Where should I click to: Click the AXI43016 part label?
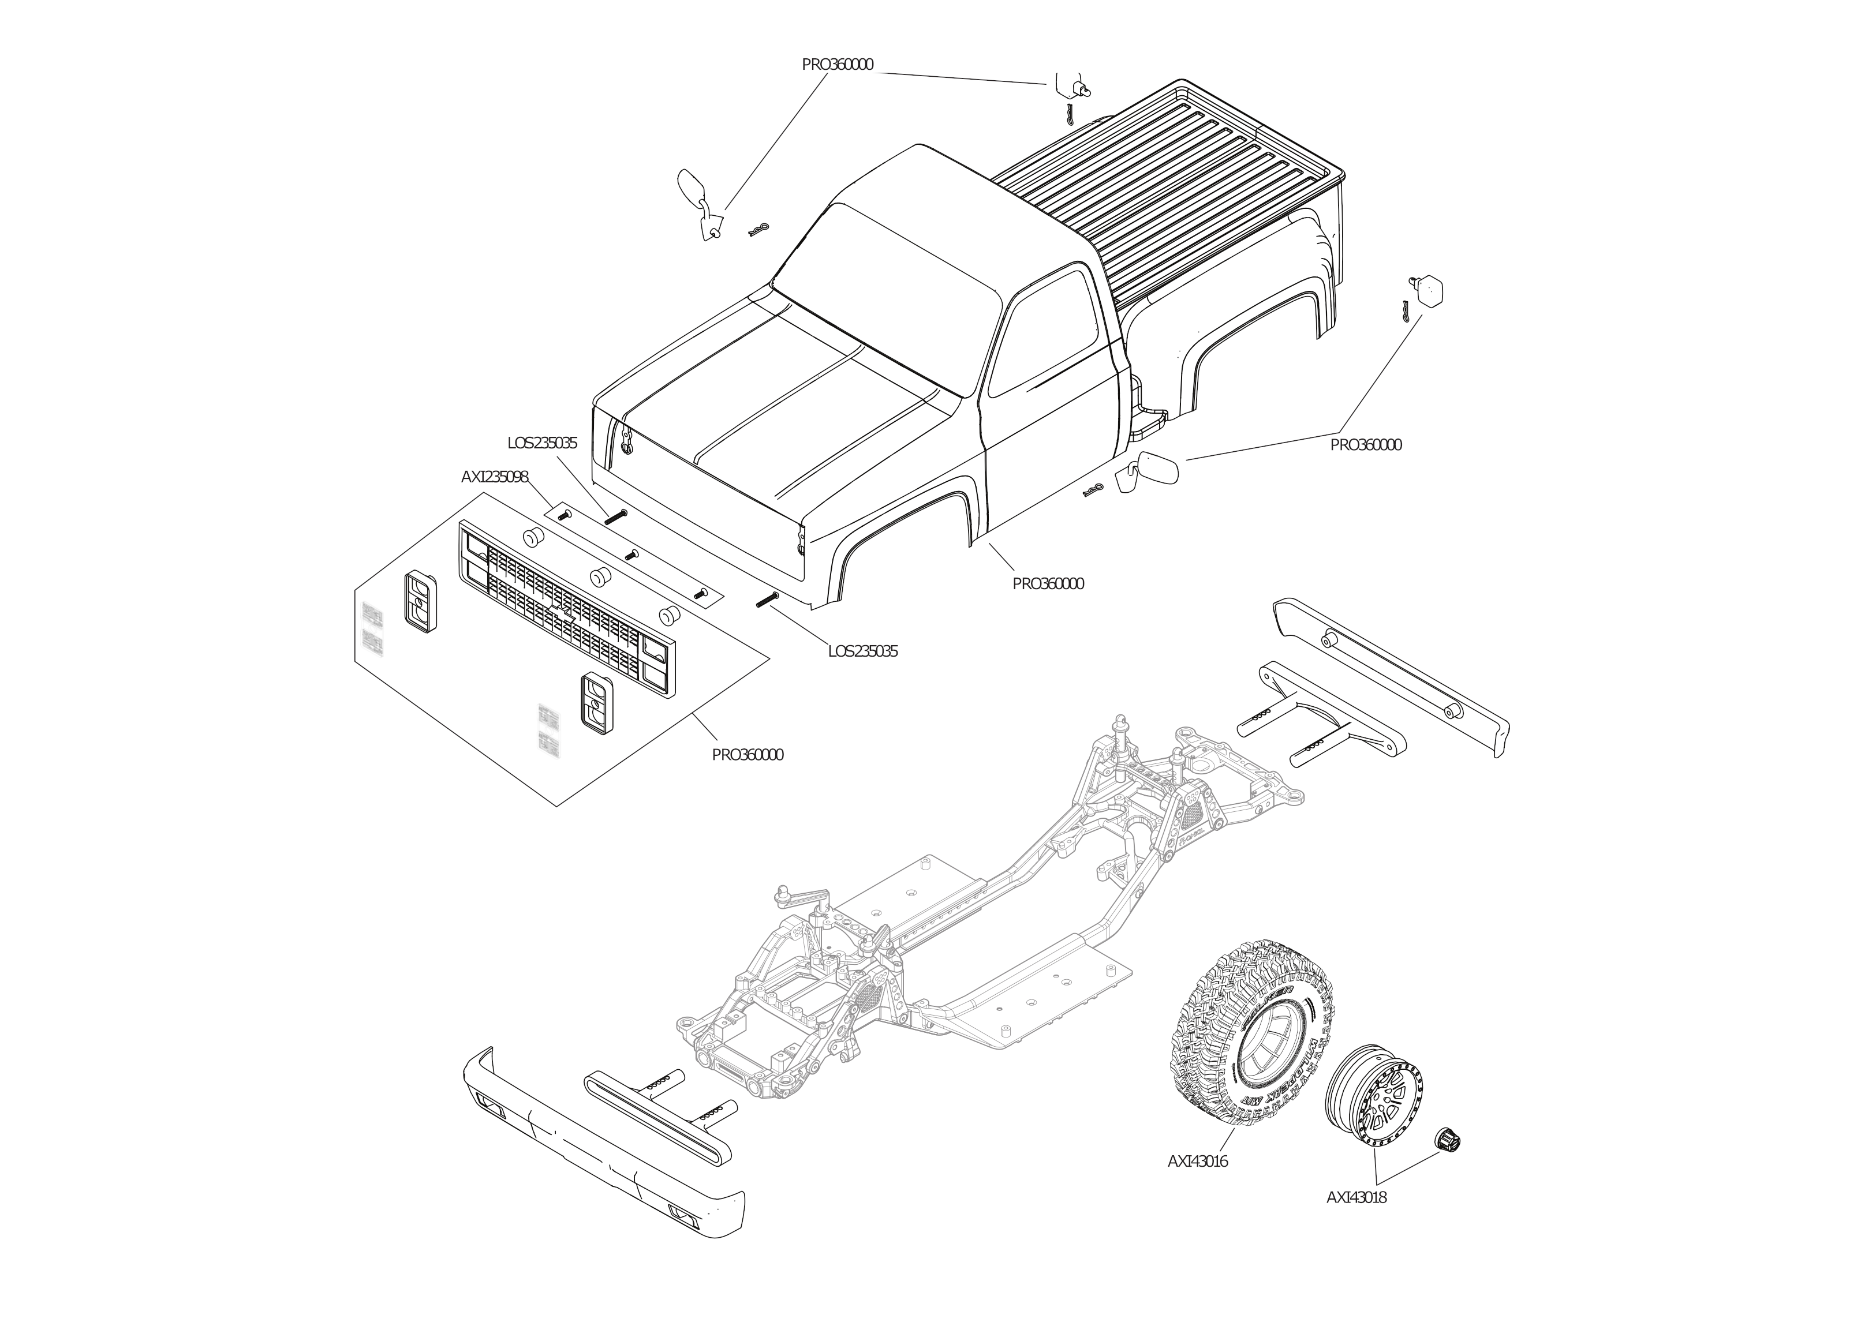pyautogui.click(x=1197, y=1161)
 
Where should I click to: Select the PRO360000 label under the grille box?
pyautogui.click(x=747, y=755)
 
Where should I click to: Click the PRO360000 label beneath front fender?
pyautogui.click(x=1048, y=584)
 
